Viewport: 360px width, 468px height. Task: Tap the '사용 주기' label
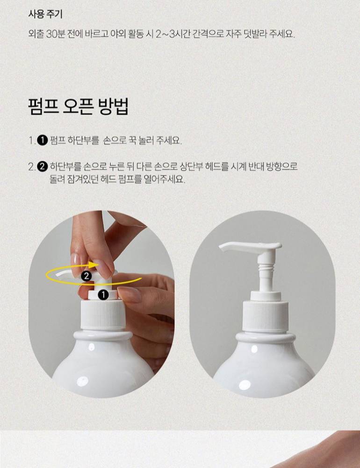(x=45, y=14)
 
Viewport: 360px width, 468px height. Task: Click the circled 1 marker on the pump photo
(x=103, y=295)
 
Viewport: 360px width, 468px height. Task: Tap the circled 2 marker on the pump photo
(x=86, y=276)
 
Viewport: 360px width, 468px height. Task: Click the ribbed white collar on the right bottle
(x=266, y=317)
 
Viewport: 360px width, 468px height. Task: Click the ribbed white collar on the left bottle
(x=103, y=314)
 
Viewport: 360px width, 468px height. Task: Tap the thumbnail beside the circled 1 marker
(x=130, y=294)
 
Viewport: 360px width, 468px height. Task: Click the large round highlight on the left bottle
(x=83, y=381)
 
